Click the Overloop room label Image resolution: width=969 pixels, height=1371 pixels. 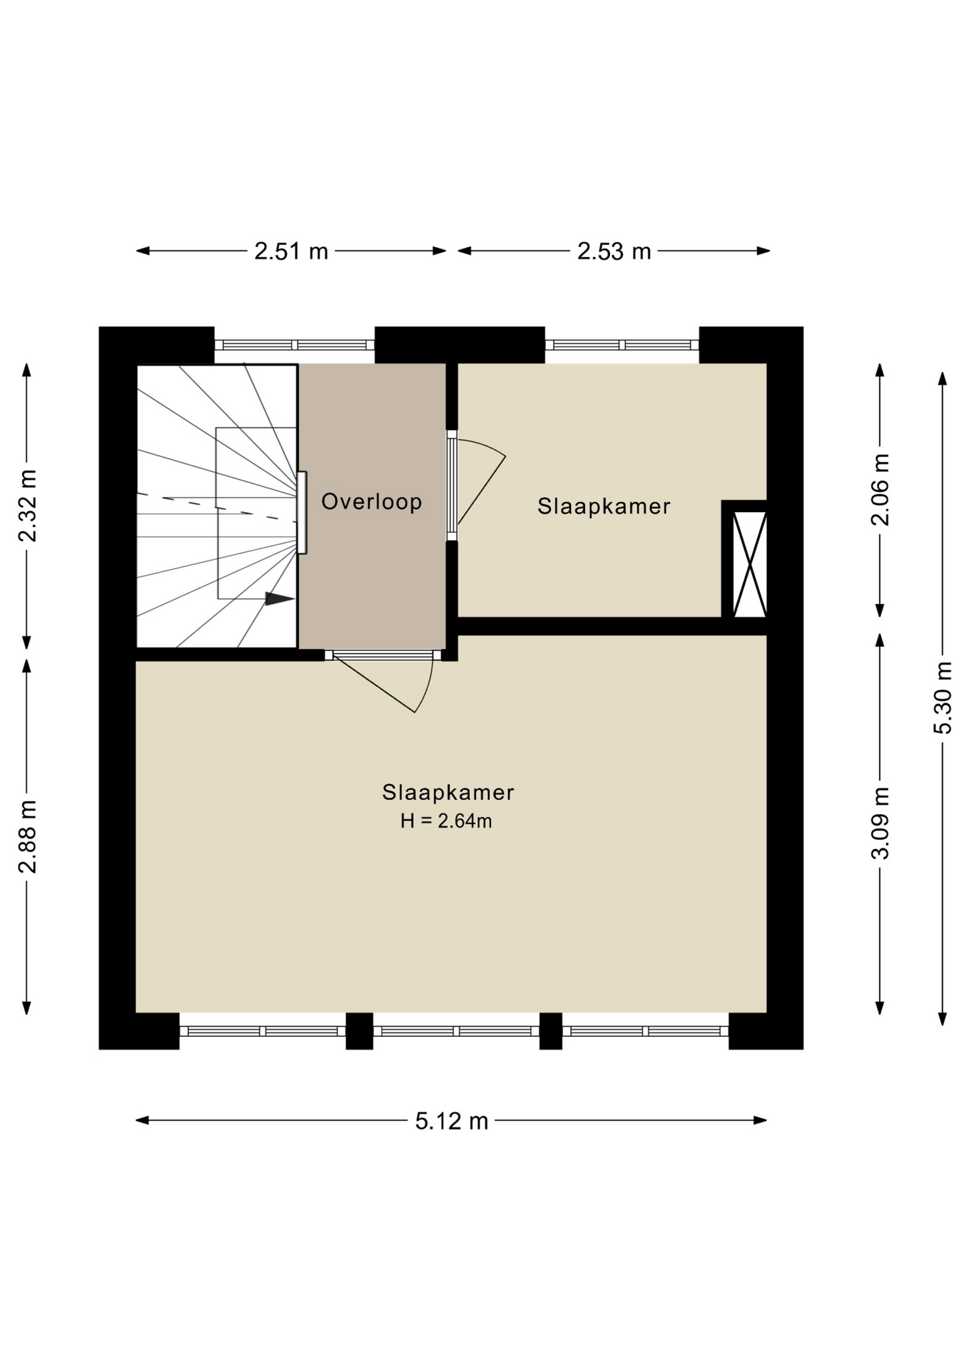[x=371, y=501]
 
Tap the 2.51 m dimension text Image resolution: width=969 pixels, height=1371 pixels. [x=291, y=251]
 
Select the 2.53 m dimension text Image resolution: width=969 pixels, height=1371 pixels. [x=614, y=251]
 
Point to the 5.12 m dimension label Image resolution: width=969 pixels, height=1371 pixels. [x=452, y=1121]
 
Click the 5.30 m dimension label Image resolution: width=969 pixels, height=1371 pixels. [x=943, y=698]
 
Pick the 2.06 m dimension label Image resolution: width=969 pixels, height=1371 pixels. [x=881, y=490]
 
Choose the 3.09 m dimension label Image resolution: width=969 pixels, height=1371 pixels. [x=881, y=823]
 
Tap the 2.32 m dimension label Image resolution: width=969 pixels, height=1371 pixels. [x=27, y=506]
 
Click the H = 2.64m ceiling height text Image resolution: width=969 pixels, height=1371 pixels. [x=446, y=821]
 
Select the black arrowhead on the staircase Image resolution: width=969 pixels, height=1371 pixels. [x=280, y=598]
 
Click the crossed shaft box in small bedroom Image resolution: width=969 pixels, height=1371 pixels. [x=749, y=563]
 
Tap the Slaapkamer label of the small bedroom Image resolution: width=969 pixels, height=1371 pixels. [x=604, y=506]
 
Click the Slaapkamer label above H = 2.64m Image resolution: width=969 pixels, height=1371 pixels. [x=448, y=792]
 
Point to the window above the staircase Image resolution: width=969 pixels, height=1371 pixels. [x=295, y=345]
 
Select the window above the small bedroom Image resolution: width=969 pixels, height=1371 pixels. [x=622, y=345]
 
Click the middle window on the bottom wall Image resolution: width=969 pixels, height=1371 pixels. [x=456, y=1031]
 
